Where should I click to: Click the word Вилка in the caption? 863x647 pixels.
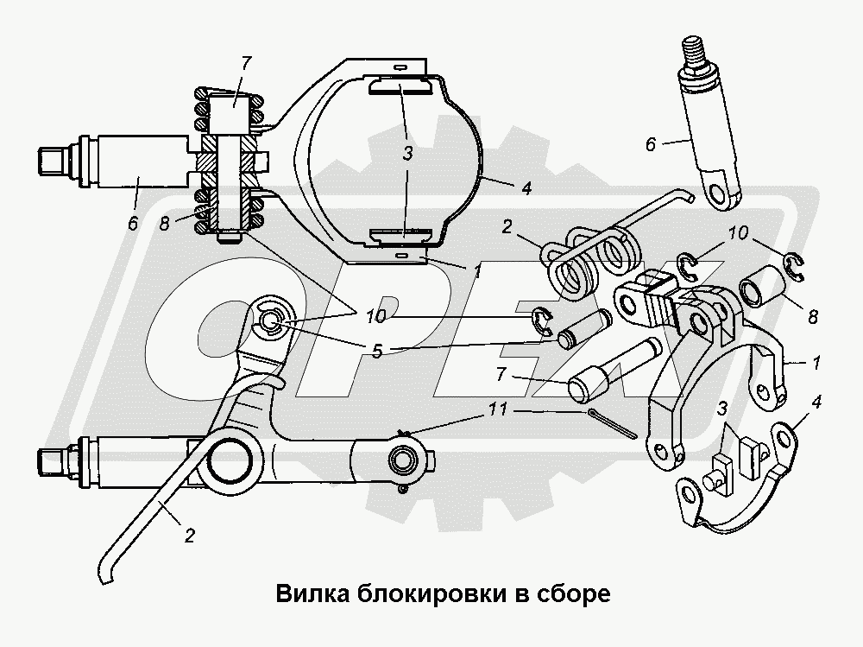(x=306, y=594)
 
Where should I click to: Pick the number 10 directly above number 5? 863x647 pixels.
(x=375, y=317)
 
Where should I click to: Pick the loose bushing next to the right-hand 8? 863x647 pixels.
(x=762, y=286)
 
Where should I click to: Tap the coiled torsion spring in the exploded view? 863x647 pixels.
(x=595, y=260)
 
